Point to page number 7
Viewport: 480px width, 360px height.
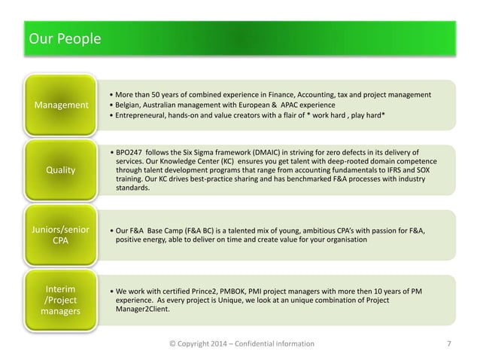[449, 344]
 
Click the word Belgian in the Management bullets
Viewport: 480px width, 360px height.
[129, 105]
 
